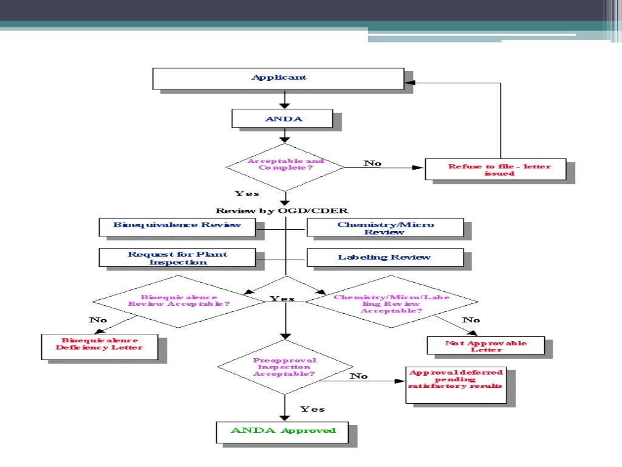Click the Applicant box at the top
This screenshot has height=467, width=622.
coord(278,78)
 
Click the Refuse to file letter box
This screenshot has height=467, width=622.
coord(495,169)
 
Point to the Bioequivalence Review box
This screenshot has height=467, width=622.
coord(177,226)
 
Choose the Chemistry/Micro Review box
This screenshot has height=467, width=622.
coord(385,228)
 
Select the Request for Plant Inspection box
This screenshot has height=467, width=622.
coord(177,258)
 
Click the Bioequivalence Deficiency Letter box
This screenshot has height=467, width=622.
coord(100,344)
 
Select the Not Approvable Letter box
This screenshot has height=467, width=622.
coord(485,345)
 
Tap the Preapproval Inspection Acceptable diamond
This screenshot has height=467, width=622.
coord(284,367)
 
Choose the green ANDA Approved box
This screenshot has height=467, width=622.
coord(283,431)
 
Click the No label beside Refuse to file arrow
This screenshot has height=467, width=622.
coord(372,163)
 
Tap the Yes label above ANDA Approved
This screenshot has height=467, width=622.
coord(312,409)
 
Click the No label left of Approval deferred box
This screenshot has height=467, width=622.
coord(359,376)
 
